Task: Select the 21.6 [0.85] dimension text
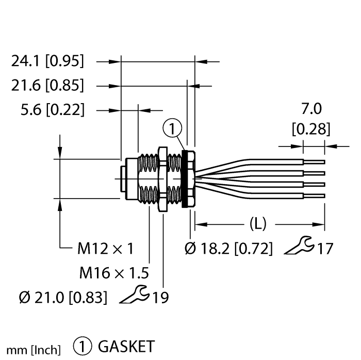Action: [47, 85]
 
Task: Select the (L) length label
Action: [257, 224]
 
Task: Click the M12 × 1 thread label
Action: [106, 249]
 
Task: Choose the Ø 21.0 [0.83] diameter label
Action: [62, 297]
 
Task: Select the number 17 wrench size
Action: [323, 249]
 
